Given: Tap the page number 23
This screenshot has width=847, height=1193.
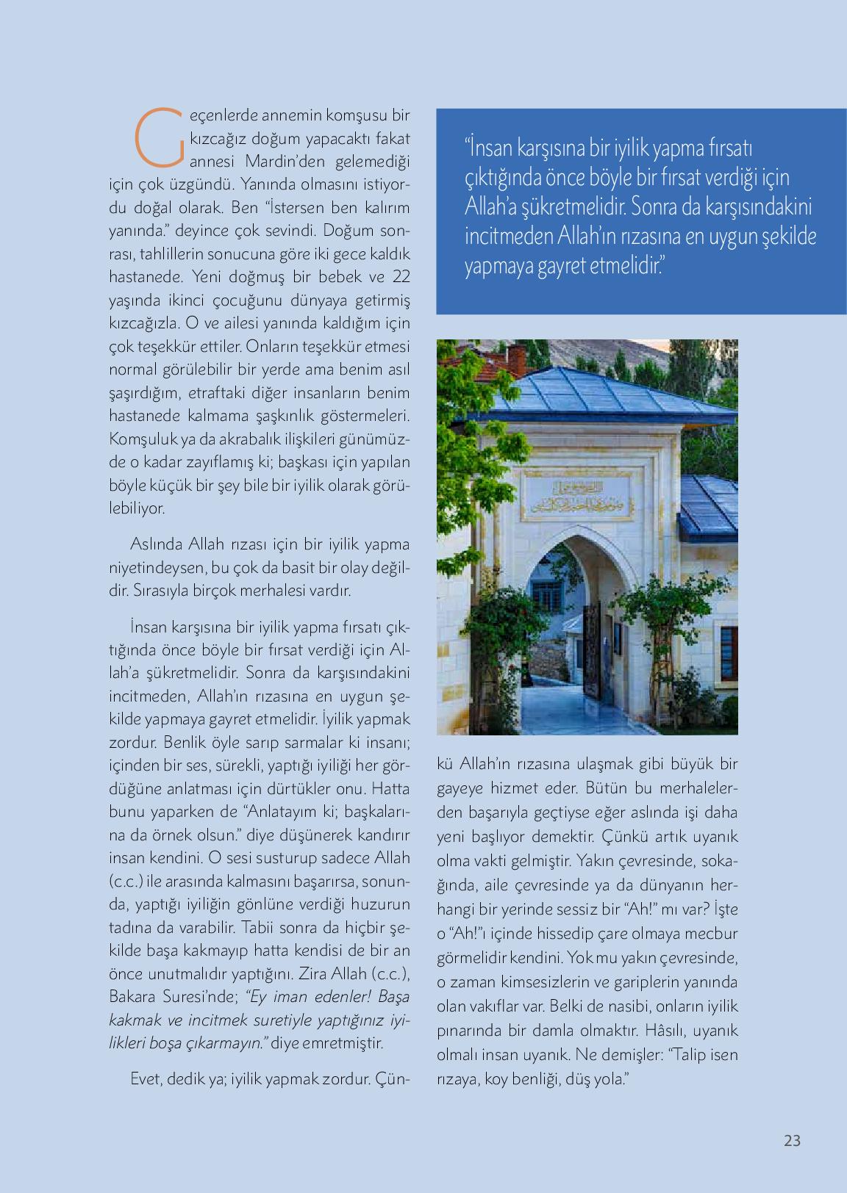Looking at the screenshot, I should point(792,1141).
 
